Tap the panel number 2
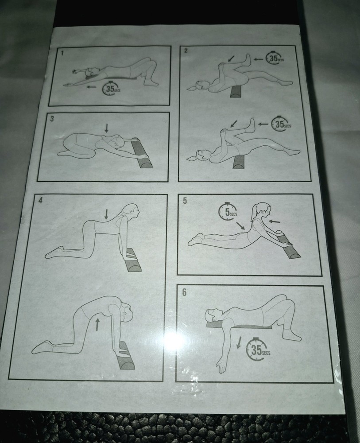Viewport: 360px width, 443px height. [186, 51]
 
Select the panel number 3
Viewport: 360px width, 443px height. [52, 119]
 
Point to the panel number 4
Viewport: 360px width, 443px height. [41, 200]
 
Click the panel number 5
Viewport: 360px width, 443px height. [185, 200]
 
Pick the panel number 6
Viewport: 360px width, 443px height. [184, 292]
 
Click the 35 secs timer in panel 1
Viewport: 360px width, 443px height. [110, 89]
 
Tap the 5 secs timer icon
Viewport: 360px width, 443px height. [228, 212]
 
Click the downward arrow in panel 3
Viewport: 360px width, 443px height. [106, 128]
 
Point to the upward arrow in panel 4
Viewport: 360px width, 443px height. [97, 324]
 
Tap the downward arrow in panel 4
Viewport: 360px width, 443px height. [106, 215]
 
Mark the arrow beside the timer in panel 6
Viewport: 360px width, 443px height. [240, 342]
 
